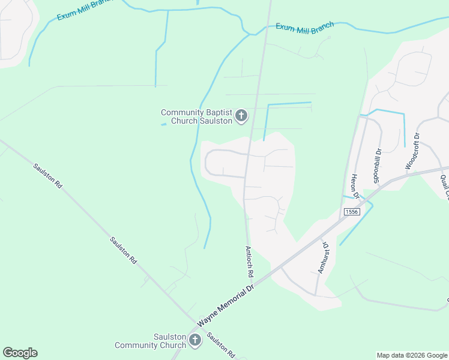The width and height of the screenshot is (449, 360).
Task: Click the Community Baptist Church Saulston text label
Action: [196, 116]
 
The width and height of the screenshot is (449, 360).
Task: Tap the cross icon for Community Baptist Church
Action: [241, 116]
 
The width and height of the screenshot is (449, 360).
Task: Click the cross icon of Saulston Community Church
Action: [194, 341]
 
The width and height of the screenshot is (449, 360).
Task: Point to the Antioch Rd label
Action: [249, 260]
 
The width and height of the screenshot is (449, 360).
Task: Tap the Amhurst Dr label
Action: [323, 257]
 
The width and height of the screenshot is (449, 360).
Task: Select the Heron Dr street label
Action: [355, 185]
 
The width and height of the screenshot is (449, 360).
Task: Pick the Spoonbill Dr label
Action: [378, 165]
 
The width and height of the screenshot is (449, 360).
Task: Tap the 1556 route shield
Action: [352, 212]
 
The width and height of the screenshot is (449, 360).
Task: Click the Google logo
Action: [20, 352]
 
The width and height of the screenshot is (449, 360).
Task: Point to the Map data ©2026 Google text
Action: [412, 355]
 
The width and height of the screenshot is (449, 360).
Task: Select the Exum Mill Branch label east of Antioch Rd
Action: [304, 28]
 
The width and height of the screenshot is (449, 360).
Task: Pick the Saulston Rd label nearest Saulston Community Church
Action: [221, 345]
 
